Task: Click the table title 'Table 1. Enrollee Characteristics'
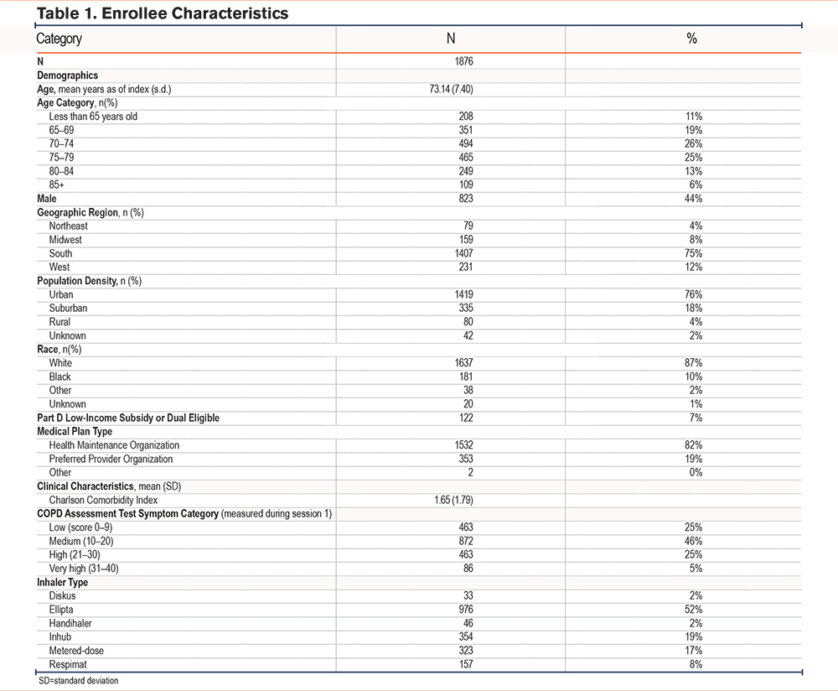pos(163,13)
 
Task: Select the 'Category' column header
pos(59,39)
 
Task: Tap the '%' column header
pos(691,39)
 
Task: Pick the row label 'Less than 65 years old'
pos(93,117)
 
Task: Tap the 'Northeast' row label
pos(68,226)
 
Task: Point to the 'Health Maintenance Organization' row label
pos(114,445)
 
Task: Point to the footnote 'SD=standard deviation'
pos(78,681)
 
